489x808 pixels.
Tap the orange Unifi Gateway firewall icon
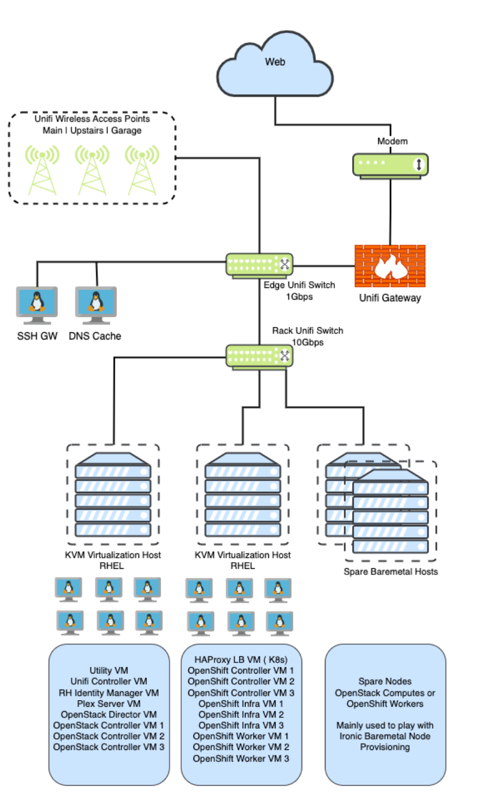(x=390, y=266)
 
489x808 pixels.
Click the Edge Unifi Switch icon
(x=259, y=265)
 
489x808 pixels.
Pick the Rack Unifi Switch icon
(x=259, y=356)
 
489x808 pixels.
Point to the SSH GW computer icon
(x=37, y=305)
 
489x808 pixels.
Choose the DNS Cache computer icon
(x=96, y=305)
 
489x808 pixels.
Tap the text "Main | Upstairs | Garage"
(x=92, y=131)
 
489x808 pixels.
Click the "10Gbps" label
(x=308, y=342)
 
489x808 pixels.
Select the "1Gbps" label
(x=299, y=297)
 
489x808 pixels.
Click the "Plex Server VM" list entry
(x=109, y=704)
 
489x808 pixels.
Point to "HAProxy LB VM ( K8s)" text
(x=241, y=660)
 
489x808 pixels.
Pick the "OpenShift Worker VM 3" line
(x=241, y=759)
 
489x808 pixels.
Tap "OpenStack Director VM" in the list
(x=109, y=714)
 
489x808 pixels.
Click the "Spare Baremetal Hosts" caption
(x=390, y=572)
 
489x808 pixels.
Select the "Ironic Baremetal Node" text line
(x=385, y=736)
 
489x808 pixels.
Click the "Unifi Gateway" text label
(x=390, y=298)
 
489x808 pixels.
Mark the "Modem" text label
(x=393, y=141)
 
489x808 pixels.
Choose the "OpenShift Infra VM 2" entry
(x=241, y=714)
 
